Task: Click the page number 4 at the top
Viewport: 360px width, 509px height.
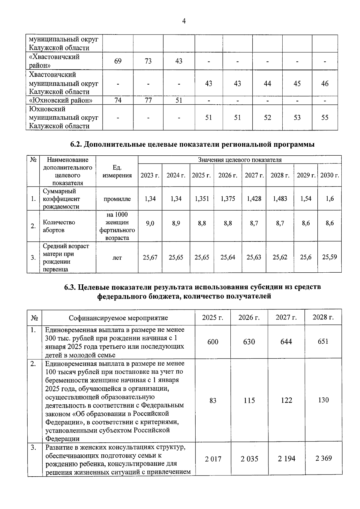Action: (184, 21)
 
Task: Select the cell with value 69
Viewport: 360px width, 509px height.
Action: (118, 61)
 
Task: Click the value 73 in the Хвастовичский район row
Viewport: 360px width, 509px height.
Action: (148, 61)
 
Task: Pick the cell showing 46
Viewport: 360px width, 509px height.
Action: (325, 83)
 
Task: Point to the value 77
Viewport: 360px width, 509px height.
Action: (148, 100)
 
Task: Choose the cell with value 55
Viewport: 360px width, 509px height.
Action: (325, 118)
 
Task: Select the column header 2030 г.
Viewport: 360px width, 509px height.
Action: (329, 175)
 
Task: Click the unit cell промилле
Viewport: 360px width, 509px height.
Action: (117, 199)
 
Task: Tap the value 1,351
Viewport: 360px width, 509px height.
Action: (202, 199)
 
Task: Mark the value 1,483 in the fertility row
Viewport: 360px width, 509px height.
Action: (280, 199)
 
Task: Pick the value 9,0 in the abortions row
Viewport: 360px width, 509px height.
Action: (150, 223)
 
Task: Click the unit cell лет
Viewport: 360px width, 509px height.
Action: (117, 258)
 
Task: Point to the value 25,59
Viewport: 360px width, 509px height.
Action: (329, 257)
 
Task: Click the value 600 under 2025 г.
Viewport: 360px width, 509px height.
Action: (213, 342)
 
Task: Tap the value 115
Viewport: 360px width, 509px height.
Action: (249, 400)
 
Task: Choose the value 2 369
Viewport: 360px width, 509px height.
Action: (323, 458)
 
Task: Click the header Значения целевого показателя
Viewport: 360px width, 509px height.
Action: (239, 160)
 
